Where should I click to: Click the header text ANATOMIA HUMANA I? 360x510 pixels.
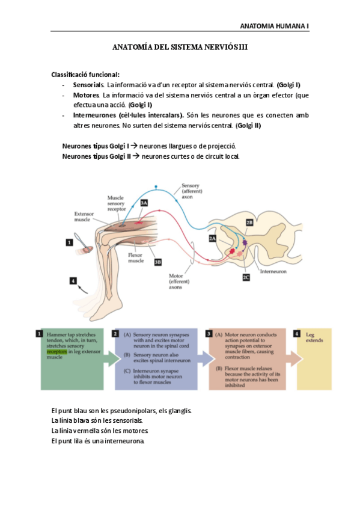tap(274, 26)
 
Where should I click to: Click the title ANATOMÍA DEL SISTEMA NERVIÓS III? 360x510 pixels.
tap(180, 46)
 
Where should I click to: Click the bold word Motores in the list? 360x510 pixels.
tap(86, 95)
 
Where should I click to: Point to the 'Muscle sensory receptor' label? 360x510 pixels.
tap(115, 203)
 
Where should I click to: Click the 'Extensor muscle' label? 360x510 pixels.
tap(82, 217)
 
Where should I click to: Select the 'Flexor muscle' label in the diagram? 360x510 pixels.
tap(136, 258)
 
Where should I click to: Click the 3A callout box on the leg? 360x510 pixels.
tap(144, 203)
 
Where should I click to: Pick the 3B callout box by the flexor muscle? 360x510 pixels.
tap(157, 262)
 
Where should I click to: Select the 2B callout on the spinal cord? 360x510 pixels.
tap(249, 222)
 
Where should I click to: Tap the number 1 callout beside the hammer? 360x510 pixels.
tap(69, 242)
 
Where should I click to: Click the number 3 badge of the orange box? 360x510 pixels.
tap(208, 333)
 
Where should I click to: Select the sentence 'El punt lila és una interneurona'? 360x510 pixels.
tap(98, 441)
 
